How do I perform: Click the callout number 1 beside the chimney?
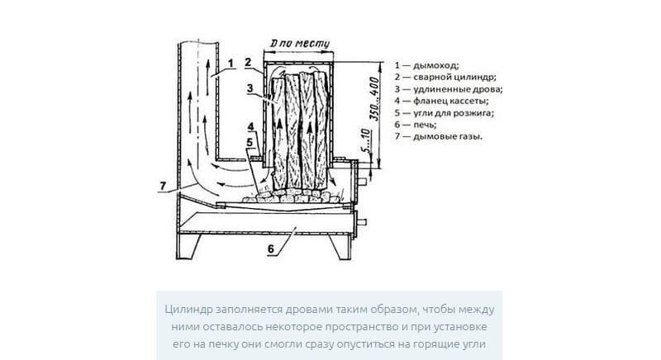click(x=231, y=62)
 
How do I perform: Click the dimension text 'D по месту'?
click(x=295, y=44)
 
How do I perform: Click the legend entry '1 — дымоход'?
click(x=426, y=64)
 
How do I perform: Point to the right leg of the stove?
click(x=339, y=246)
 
